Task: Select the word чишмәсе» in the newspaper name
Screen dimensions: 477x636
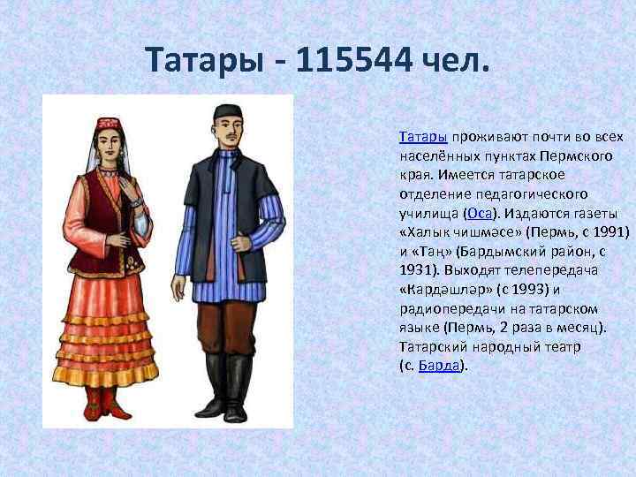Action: click(x=488, y=232)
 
